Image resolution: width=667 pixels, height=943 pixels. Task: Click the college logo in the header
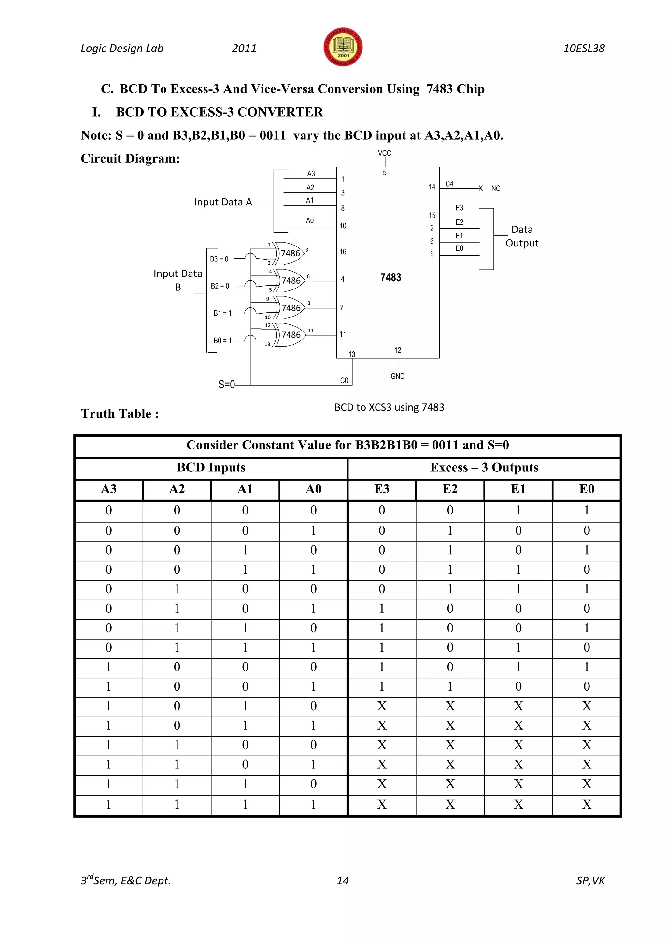coord(343,47)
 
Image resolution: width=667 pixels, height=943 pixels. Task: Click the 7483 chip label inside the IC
coord(390,278)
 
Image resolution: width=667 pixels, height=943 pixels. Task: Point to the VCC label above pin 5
coord(384,153)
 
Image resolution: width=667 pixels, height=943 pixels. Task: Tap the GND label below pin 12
coord(397,376)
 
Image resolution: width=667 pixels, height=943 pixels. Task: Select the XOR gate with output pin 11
coord(291,335)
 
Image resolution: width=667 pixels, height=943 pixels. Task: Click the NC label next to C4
coord(496,189)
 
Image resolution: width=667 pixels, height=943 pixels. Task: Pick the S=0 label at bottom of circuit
coord(226,385)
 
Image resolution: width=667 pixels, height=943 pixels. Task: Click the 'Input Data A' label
coord(223,202)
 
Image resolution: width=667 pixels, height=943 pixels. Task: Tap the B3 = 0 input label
coord(219,259)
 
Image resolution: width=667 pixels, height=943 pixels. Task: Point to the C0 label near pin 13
coord(344,381)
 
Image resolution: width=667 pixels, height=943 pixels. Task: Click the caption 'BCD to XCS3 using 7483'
coord(389,407)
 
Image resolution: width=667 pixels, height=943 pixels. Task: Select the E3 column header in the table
coord(382,489)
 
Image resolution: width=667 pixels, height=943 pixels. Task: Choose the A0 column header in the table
coord(313,489)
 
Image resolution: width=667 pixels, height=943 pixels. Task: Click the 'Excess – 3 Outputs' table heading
coord(484,467)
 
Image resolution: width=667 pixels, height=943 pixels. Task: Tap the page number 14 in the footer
coord(343,880)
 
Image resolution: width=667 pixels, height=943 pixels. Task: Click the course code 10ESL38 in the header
coord(584,49)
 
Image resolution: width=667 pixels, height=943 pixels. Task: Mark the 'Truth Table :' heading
coord(120,414)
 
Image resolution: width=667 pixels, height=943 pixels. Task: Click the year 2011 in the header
coord(244,49)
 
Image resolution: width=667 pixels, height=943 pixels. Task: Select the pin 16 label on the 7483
coord(343,252)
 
